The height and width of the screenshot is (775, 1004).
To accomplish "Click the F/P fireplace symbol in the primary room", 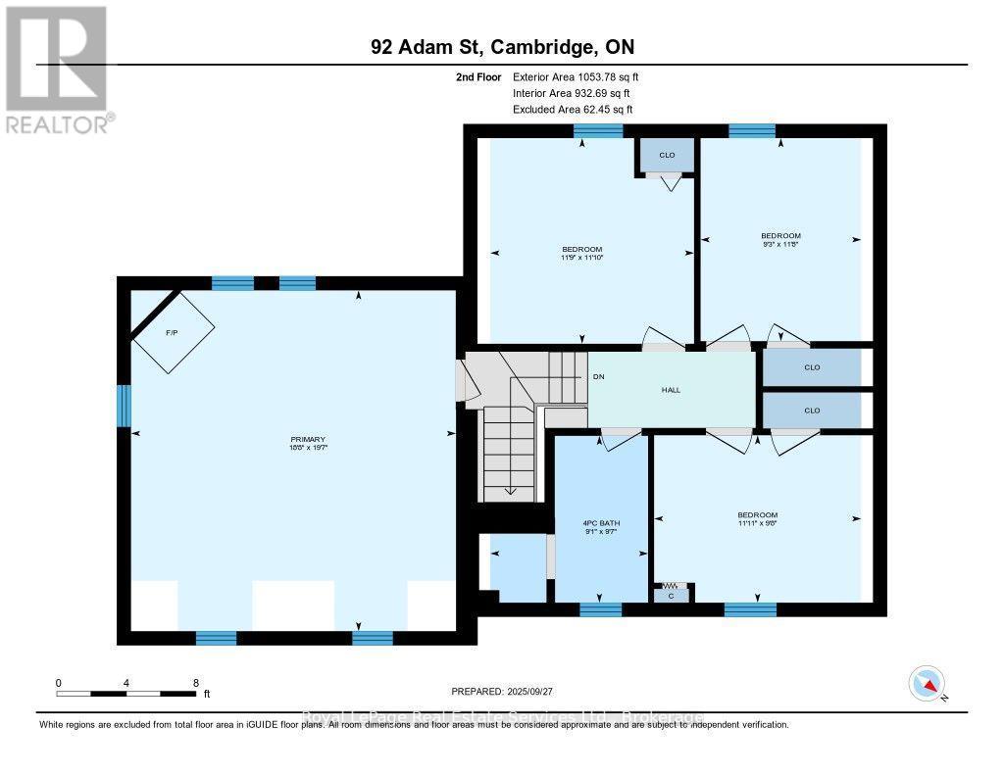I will pos(173,332).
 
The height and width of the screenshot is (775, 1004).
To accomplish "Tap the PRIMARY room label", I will pos(307,443).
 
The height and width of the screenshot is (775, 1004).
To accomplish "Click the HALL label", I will pos(670,389).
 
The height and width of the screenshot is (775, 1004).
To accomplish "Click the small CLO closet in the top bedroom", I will pos(667,155).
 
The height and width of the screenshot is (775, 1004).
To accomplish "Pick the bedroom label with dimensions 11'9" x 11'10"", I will pos(581,253).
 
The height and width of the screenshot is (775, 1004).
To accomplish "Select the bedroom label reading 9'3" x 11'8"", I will pos(780,239).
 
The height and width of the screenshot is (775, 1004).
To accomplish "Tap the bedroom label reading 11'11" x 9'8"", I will pos(757,519).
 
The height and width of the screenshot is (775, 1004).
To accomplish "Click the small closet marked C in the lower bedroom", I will pos(672,594).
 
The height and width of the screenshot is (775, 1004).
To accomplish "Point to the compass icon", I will pos(927,683).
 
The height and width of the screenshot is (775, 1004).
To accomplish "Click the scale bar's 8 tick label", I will pos(196,683).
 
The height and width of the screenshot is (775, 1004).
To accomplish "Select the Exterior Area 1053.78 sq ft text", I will pos(576,76).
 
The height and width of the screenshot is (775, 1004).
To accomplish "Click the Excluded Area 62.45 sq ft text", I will pos(573,110).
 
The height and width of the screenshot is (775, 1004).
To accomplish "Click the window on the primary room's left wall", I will pos(125,406).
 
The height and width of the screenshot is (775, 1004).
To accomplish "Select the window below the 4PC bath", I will pos(600,609).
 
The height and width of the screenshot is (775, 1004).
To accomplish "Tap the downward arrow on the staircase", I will pos(510,490).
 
